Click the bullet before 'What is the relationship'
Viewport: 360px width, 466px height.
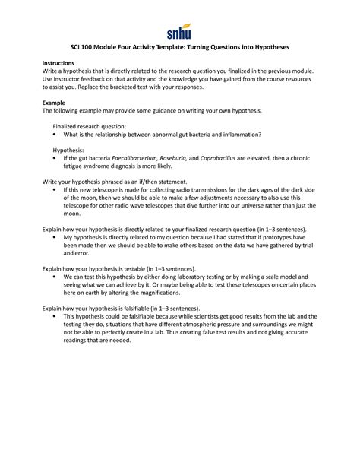pyautogui.click(x=55, y=135)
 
